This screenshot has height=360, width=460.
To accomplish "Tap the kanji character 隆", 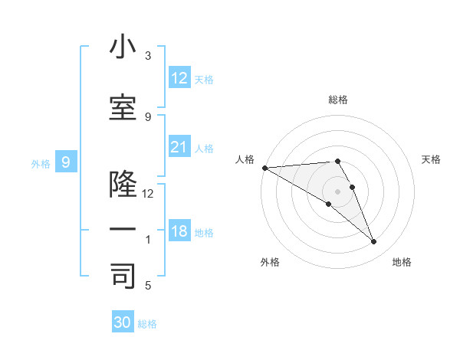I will (x=123, y=185).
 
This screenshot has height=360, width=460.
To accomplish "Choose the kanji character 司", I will (x=123, y=275).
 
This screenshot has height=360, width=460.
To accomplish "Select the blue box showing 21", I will (x=179, y=146).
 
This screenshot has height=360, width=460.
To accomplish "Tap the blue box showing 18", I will (x=179, y=231).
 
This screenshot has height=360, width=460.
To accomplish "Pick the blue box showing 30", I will (x=123, y=322).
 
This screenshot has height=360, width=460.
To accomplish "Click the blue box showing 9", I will (x=66, y=162).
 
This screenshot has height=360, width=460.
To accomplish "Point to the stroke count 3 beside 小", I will (x=148, y=57).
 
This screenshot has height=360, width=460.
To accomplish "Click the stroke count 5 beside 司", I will (x=148, y=285).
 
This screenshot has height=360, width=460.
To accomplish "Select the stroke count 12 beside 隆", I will (x=148, y=194).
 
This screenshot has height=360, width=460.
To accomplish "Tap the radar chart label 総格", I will (x=338, y=100).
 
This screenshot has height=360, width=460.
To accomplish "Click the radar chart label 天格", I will (x=432, y=159).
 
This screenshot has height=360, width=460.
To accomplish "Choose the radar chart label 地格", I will (x=402, y=262).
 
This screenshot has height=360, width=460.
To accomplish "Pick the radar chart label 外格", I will (x=270, y=262).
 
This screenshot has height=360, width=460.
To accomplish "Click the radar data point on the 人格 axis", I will (x=264, y=168).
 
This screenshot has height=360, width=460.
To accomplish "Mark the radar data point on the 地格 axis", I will (x=374, y=241).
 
